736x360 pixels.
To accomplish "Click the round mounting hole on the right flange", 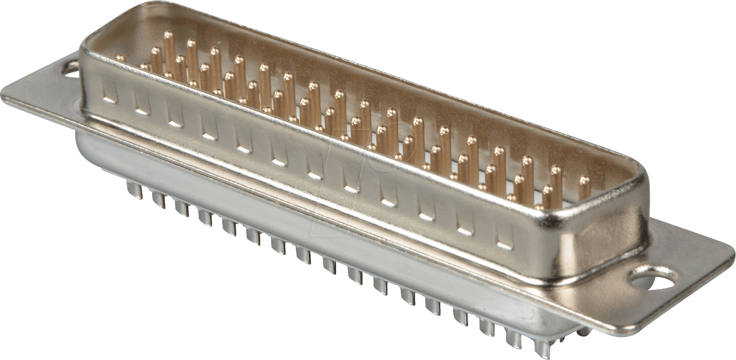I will click(653, 279).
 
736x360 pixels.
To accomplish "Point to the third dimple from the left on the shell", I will click(175, 117).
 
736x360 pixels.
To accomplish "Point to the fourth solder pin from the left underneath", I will click(205, 217).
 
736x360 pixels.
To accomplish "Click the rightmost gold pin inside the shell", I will click(584, 188).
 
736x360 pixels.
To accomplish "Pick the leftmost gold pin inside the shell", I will click(120, 58).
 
